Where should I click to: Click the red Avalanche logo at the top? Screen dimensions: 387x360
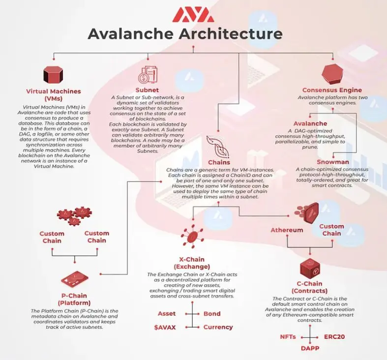193,15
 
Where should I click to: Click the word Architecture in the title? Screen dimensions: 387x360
234,34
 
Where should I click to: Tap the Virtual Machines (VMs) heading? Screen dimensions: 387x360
54,95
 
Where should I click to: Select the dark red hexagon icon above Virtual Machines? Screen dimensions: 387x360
53,75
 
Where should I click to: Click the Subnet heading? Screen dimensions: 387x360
147,90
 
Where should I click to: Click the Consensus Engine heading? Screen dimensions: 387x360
332,90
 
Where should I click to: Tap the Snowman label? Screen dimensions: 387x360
333,162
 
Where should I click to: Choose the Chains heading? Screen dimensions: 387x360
219,162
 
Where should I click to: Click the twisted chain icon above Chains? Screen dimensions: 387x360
218,147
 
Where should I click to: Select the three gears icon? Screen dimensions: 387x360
74,216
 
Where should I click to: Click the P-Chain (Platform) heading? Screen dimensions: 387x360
74,299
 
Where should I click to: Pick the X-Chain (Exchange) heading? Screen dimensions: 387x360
192,263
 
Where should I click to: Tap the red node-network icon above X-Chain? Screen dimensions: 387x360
192,236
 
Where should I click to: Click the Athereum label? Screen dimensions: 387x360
287,230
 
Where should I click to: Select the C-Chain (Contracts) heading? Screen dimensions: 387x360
309,287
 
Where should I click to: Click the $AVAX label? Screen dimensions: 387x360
165,328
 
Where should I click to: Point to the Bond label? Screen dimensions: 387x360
212,314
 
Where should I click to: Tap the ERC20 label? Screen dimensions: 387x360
334,337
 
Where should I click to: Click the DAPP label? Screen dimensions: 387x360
310,348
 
